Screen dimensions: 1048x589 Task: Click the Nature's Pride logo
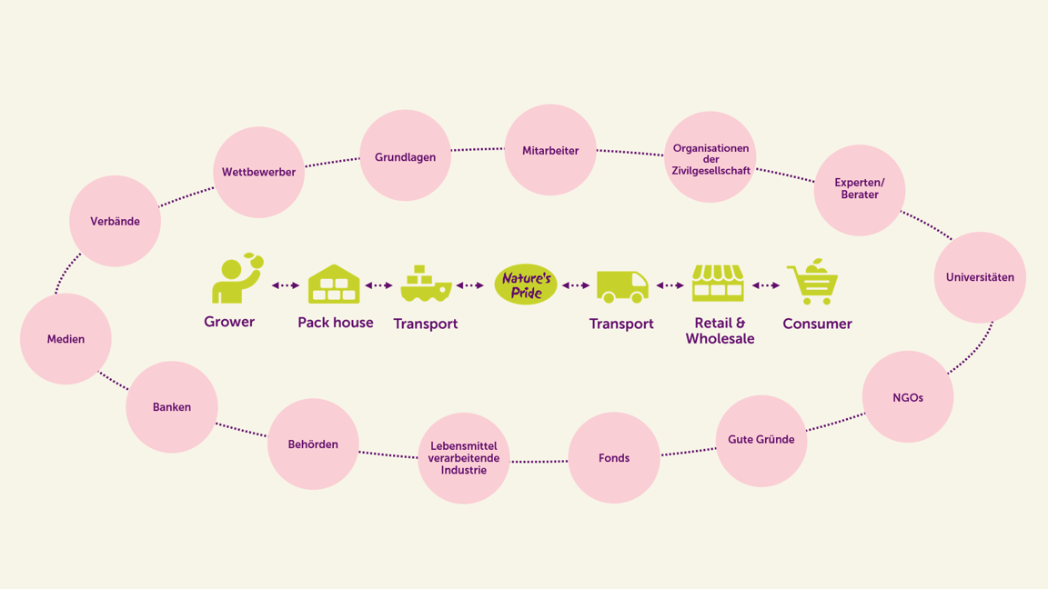(x=526, y=285)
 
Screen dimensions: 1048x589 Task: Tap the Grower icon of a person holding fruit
(x=237, y=278)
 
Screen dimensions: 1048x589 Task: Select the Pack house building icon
(x=334, y=284)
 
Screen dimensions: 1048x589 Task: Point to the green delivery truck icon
(x=622, y=286)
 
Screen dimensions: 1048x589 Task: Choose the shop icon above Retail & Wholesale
(x=718, y=283)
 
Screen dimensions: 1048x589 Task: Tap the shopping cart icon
(x=812, y=282)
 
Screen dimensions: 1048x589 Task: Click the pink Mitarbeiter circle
(x=550, y=150)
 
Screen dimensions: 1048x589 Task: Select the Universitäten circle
(x=980, y=277)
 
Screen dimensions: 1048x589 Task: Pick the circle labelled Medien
(x=65, y=338)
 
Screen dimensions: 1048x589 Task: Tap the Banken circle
(x=172, y=406)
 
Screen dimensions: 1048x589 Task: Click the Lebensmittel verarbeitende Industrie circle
(x=464, y=458)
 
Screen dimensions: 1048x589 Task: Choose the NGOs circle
(x=908, y=396)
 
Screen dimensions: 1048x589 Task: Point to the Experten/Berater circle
(x=860, y=190)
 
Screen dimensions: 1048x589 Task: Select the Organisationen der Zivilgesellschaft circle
(x=710, y=157)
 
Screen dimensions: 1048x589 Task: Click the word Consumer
(x=818, y=324)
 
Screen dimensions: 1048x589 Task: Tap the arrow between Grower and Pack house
(x=286, y=285)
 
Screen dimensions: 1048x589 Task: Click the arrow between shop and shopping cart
(x=766, y=285)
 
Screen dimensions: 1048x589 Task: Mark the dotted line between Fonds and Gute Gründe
(x=688, y=452)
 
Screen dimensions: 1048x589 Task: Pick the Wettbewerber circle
(x=258, y=172)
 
